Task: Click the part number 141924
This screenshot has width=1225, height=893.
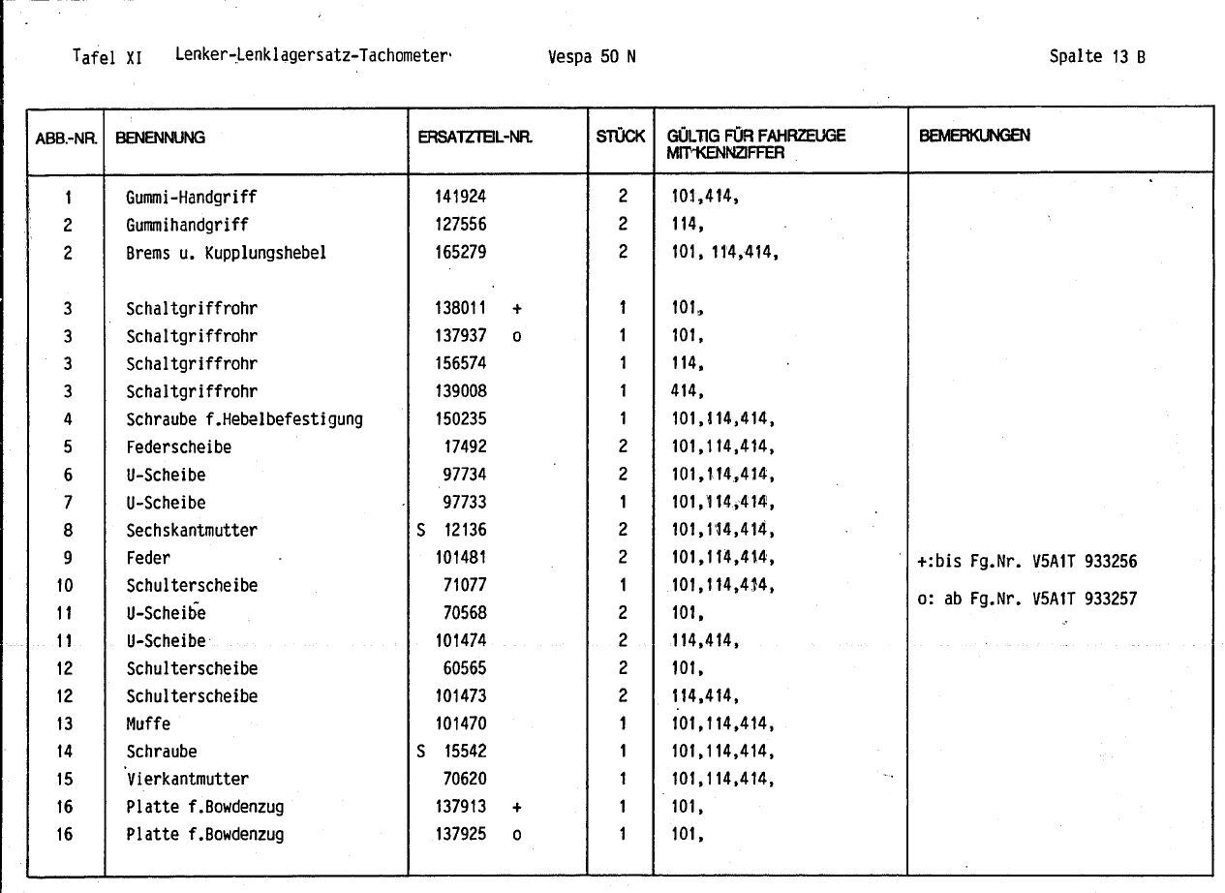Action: point(461,197)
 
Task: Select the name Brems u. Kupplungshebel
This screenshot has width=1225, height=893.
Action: point(226,253)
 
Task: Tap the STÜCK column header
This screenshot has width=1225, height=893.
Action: point(621,137)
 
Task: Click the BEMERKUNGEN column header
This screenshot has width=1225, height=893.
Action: point(974,137)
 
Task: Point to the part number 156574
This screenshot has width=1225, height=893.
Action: point(461,364)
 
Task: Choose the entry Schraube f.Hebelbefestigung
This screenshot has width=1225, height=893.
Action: point(244,419)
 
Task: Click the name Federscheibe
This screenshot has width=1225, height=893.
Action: point(178,447)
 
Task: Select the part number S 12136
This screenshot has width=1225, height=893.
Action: point(452,530)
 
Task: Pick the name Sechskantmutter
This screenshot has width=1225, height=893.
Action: point(191,531)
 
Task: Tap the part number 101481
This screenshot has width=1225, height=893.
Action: point(461,558)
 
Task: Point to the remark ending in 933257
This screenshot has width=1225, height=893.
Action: point(1026,599)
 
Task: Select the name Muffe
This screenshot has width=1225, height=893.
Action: point(147,724)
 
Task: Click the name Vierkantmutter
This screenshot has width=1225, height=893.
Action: point(187,779)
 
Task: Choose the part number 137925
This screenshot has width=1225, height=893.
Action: point(461,834)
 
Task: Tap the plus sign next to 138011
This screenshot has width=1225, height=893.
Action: point(517,309)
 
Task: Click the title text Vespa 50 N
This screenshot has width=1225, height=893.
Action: point(592,56)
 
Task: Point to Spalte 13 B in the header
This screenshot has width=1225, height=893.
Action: point(1097,56)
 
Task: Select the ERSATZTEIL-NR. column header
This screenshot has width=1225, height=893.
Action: point(475,138)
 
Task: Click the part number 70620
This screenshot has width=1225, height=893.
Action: point(465,779)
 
